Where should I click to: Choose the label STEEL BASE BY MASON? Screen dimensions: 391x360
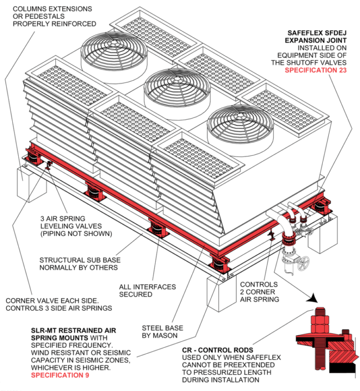163,332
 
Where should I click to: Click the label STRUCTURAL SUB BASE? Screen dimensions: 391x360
78,260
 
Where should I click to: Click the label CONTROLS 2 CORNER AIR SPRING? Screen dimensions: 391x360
259,292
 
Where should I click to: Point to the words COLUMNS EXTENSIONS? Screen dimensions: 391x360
52,9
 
